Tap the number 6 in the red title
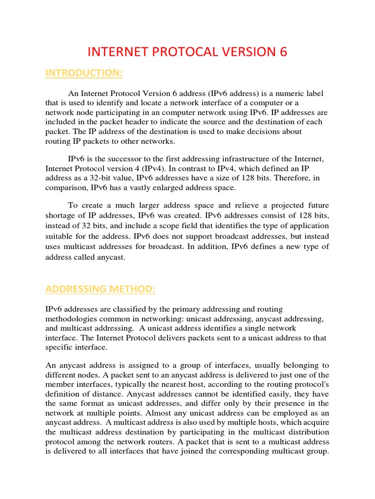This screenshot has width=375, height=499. pyautogui.click(x=283, y=52)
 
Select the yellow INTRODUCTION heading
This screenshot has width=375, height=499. pyautogui.click(x=83, y=73)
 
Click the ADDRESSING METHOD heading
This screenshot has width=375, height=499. pyautogui.click(x=100, y=289)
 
